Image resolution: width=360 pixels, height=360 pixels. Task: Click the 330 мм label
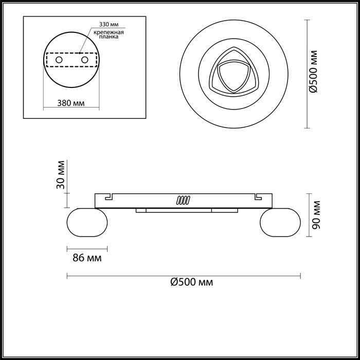[x=109, y=24]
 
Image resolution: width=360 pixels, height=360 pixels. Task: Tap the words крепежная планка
[x=109, y=34]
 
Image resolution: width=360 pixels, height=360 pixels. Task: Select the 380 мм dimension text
[x=71, y=103]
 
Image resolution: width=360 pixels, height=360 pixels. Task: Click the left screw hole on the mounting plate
[x=59, y=60]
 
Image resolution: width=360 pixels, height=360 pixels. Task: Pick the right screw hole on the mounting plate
[x=85, y=60]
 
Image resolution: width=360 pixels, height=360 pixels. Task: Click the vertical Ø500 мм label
[x=313, y=71]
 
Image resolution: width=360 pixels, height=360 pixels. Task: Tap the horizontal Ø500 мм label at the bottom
[x=192, y=282]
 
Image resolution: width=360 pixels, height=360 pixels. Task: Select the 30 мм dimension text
[x=61, y=175]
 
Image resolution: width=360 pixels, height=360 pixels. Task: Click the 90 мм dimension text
[x=316, y=215]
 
